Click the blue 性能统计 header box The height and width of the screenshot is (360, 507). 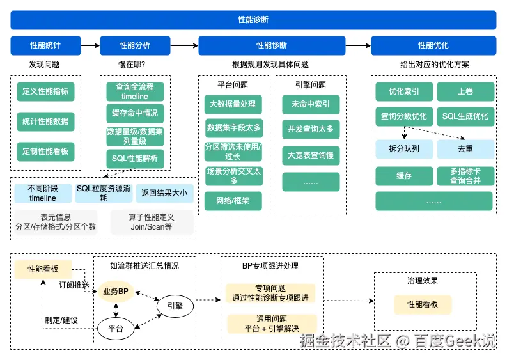coord(45,45)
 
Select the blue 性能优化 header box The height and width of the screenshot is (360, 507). coord(433,45)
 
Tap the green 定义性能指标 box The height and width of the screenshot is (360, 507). coord(45,91)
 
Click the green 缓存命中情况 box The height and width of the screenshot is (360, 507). coord(135,113)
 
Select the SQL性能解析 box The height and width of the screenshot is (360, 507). coord(135,158)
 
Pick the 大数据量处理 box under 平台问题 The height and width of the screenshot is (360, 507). coord(233,104)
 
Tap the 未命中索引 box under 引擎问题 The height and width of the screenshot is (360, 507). coord(311,104)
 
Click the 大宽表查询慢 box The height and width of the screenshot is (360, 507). coord(311,155)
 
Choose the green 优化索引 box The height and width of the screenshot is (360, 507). coord(404,91)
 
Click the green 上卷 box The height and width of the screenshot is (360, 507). coord(465,91)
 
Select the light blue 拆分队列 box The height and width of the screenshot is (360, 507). coord(404,148)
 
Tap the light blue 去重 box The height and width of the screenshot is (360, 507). coord(465,148)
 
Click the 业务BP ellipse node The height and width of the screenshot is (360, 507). coord(116,291)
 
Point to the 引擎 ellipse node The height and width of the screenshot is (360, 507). coord(175,306)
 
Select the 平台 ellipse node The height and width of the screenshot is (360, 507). coord(116,329)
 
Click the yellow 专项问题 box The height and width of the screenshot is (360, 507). coord(272,293)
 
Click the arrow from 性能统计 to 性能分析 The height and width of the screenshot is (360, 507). coord(90,45)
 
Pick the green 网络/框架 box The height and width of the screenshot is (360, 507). coord(233,201)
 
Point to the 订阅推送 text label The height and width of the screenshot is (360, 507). coord(74,285)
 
